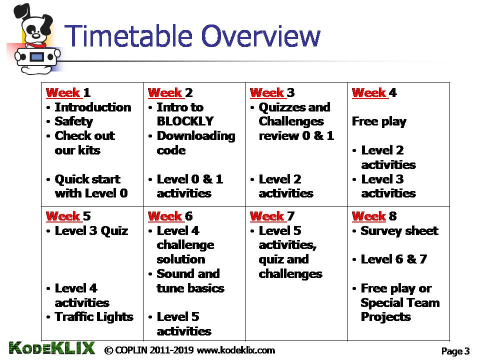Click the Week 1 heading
tap(68, 93)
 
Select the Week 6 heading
tap(170, 216)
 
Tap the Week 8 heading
tap(374, 216)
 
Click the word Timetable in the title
tap(128, 36)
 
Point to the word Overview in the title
tap(261, 36)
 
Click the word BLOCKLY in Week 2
tap(185, 121)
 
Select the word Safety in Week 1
tap(74, 121)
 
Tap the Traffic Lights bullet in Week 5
tap(94, 317)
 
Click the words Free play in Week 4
tap(379, 121)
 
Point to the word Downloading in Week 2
tap(196, 136)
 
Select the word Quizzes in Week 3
tap(281, 107)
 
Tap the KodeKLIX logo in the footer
tap(51, 348)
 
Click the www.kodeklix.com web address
tap(235, 350)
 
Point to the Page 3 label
tap(455, 351)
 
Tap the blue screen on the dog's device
tap(37, 56)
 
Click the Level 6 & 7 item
tap(394, 259)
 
